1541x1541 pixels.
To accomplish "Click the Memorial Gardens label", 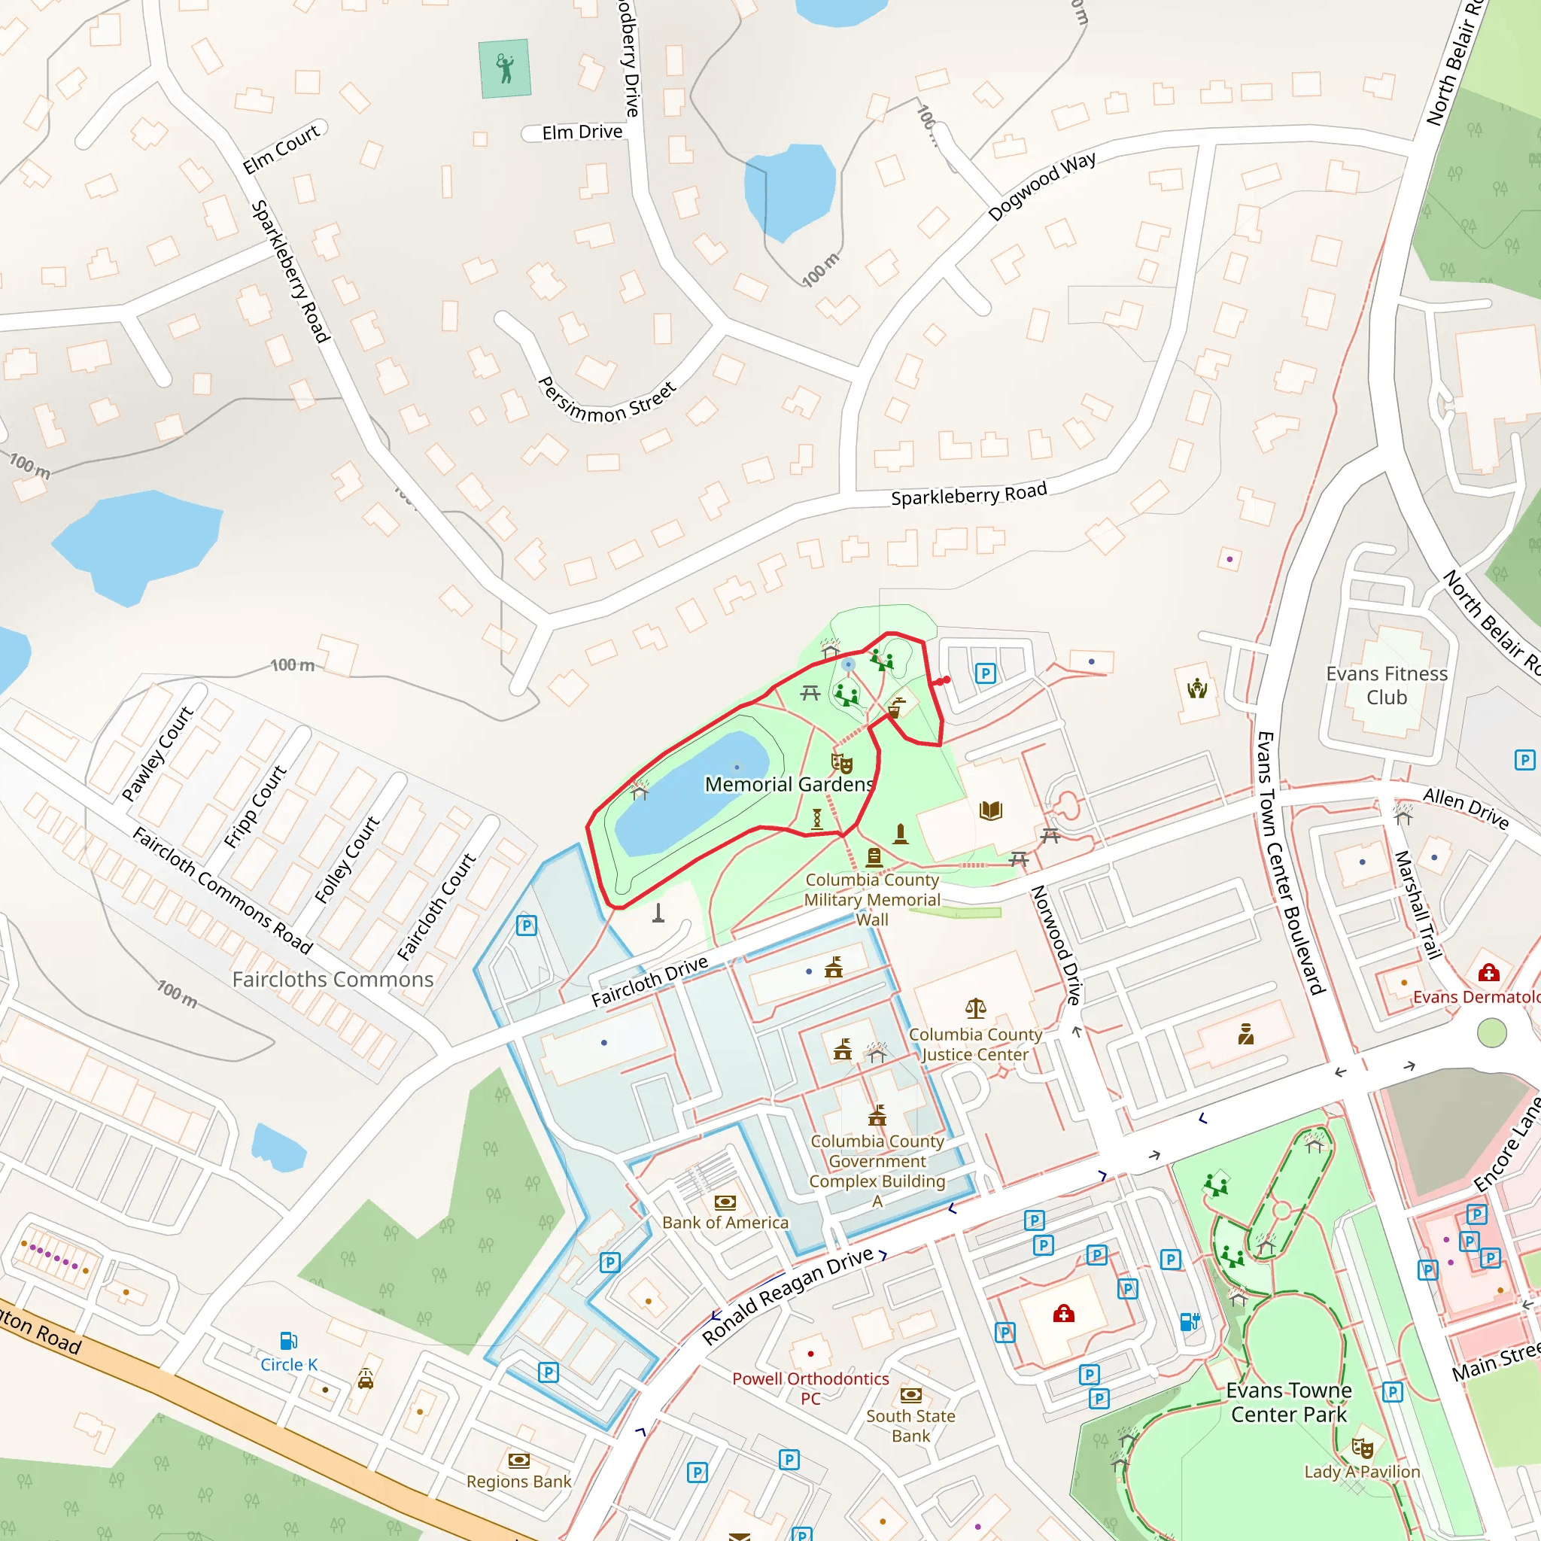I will (x=789, y=784).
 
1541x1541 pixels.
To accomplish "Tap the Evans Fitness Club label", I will (x=1386, y=685).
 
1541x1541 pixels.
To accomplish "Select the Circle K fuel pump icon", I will (x=289, y=1340).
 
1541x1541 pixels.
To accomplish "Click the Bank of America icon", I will (x=725, y=1202).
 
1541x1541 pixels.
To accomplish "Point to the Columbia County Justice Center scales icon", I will (x=975, y=1009).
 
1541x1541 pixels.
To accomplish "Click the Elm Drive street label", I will (x=582, y=132).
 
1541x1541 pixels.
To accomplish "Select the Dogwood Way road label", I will (x=1041, y=186).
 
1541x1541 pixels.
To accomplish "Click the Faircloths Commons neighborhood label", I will (x=333, y=979).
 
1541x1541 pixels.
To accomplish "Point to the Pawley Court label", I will (x=158, y=753).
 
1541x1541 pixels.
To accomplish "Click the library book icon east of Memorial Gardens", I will (x=991, y=811).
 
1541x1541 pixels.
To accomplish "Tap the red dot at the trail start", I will (x=946, y=679).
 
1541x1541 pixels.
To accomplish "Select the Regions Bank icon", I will (x=518, y=1460).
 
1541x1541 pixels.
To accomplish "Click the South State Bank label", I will (x=910, y=1425).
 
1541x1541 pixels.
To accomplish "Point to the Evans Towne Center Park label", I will (x=1288, y=1403).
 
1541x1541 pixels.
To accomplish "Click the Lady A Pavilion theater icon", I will (x=1363, y=1448).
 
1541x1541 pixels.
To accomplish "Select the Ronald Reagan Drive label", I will (x=787, y=1298).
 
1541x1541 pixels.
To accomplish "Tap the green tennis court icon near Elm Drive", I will (x=505, y=68).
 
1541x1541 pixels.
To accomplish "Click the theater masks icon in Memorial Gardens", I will (x=842, y=763).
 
